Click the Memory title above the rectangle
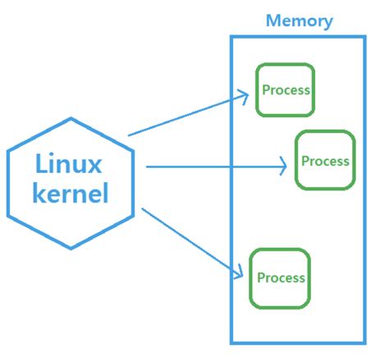tap(299, 20)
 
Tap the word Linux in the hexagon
tap(70, 163)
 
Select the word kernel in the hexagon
tap(70, 194)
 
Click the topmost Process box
tap(285, 89)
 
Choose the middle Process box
tap(325, 160)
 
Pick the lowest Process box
tap(281, 277)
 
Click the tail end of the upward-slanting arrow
tap(129, 134)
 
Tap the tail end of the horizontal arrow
tap(146, 166)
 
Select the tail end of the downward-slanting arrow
tap(142, 210)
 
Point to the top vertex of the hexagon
tap(71, 117)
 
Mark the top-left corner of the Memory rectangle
tap(231, 37)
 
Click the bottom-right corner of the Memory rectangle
tap(365, 342)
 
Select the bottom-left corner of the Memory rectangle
tap(231, 342)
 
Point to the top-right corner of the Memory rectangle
tap(365, 37)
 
